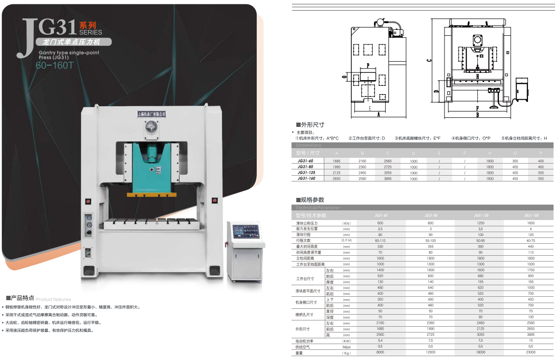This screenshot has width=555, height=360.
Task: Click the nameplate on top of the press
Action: [150, 114]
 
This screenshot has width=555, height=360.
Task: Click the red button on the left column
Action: [87, 201]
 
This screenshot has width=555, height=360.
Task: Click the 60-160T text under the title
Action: [54, 66]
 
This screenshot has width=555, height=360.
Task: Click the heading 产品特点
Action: [22, 298]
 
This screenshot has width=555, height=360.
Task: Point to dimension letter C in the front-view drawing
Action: [429, 61]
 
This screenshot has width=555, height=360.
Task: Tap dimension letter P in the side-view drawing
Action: [368, 65]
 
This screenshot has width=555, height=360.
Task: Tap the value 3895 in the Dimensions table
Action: [388, 179]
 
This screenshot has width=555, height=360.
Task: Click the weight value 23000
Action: [530, 353]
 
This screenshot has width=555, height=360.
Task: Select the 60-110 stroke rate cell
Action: [380, 240]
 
